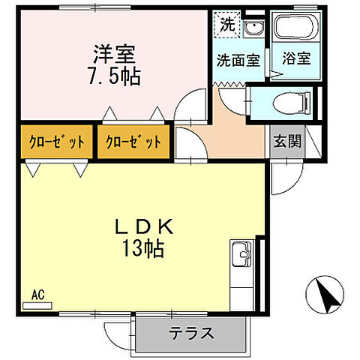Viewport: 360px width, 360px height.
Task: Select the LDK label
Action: pos(145,226)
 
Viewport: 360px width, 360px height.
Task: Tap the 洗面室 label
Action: pos(239,61)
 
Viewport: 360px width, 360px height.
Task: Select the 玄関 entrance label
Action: pos(286,140)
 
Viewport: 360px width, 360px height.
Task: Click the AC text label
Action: pos(38,295)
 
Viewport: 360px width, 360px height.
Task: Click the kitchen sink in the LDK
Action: pos(243,255)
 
